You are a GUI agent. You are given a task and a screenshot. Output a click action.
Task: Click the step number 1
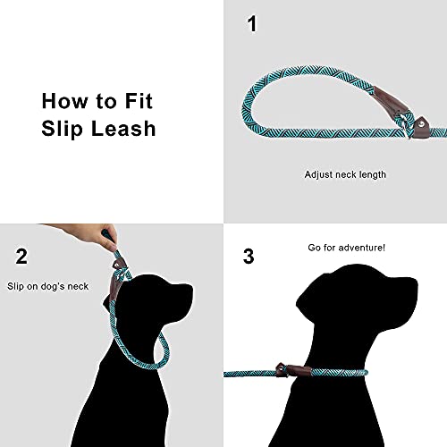(x=251, y=24)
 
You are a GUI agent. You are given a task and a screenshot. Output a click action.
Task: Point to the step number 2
(x=22, y=257)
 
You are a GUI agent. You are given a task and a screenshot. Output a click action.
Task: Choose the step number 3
(x=249, y=257)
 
